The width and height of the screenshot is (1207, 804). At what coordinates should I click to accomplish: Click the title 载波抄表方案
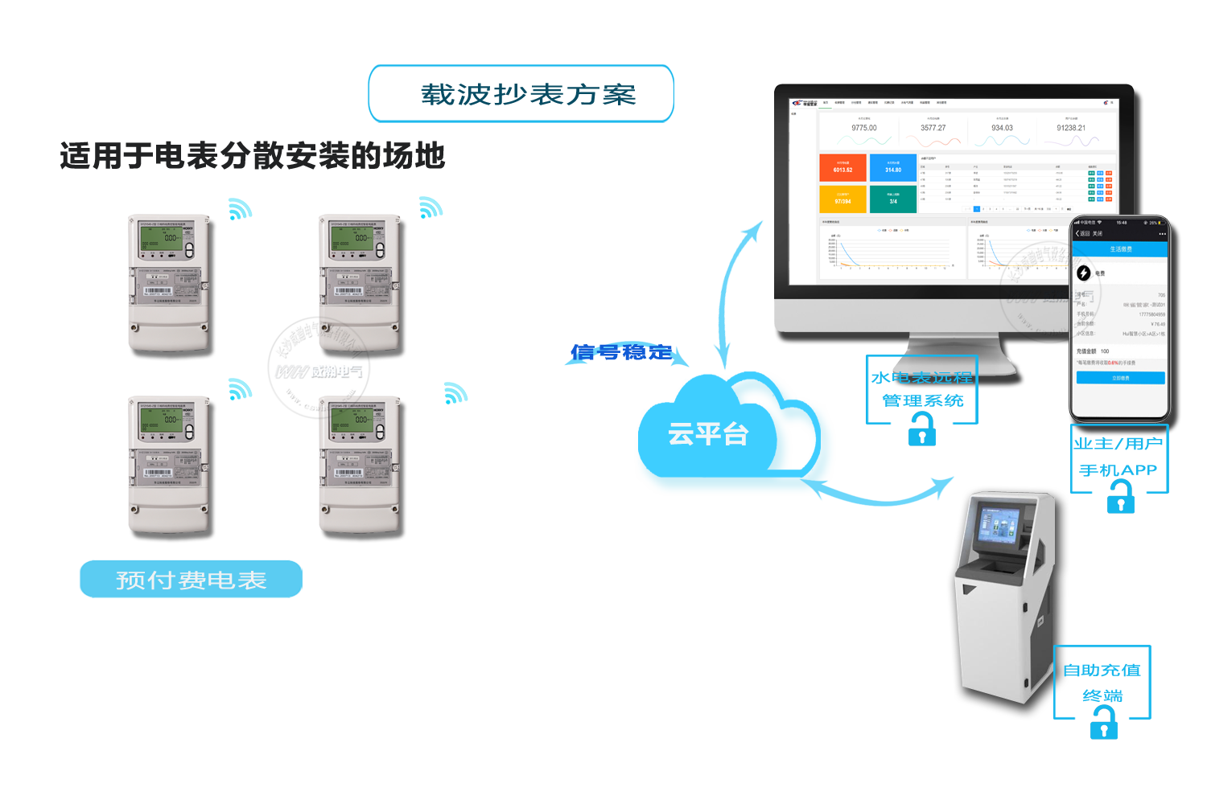(528, 94)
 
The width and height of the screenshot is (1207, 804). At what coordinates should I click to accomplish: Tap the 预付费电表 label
(191, 580)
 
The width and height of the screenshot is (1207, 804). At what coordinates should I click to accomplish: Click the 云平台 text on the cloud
(708, 434)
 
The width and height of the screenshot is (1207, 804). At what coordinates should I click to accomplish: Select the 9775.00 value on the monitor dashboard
(864, 128)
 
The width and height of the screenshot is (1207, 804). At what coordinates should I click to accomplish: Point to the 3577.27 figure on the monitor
(933, 128)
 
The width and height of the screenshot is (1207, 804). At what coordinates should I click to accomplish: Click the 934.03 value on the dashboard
(1002, 128)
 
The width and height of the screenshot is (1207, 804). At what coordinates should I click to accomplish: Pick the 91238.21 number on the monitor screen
(1071, 128)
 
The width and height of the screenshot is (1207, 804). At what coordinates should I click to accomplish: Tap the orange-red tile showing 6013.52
(842, 167)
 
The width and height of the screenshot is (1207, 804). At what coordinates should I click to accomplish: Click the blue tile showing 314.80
(893, 167)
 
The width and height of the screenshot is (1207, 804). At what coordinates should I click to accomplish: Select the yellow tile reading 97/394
(842, 199)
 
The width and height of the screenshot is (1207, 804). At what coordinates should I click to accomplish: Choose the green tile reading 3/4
(893, 199)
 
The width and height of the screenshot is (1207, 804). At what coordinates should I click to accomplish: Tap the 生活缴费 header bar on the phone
(1120, 249)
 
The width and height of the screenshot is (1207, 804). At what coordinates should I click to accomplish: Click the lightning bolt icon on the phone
(1084, 273)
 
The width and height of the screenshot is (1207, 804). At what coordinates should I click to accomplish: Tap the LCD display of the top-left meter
(161, 238)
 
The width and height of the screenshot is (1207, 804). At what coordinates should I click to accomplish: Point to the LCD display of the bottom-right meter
(352, 420)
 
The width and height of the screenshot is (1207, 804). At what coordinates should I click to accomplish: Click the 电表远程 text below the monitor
(933, 377)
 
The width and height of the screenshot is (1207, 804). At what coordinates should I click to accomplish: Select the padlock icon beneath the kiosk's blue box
(1103, 720)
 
